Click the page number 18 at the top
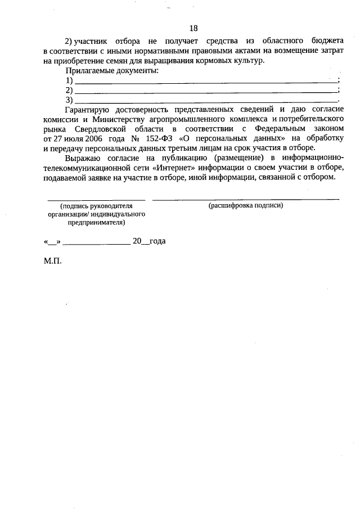[x=193, y=28]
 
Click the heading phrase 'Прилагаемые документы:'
[x=112, y=71]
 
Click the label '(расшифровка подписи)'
[x=246, y=206]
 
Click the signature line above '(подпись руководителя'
[x=96, y=199]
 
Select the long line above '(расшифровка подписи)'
[x=246, y=199]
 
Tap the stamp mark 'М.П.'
[x=52, y=262]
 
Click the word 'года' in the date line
[x=158, y=241]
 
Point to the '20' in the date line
[x=137, y=241]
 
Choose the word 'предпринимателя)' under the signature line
[x=96, y=223]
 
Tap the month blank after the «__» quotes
[x=97, y=242]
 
